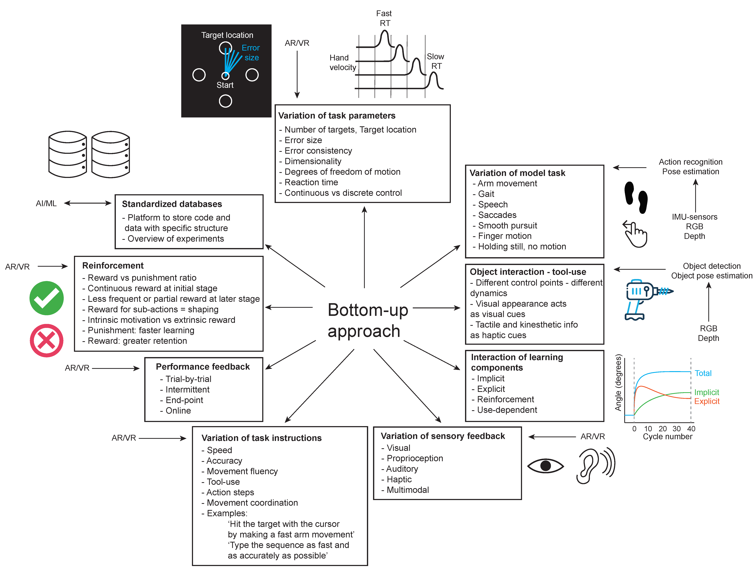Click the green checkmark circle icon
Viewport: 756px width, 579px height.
coord(47,298)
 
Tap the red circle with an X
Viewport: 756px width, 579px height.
coord(47,340)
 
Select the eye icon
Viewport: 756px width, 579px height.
coord(545,466)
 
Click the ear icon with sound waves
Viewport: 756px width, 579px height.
coord(595,465)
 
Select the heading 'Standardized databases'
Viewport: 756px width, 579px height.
coord(172,204)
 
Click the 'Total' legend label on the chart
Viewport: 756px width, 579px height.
coord(703,373)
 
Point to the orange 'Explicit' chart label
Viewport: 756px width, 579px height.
coord(707,401)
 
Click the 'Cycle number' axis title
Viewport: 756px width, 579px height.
coord(667,437)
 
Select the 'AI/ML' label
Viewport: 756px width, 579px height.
coord(46,203)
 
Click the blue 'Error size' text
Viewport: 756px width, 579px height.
coord(251,53)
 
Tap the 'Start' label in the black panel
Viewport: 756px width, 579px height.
coord(225,85)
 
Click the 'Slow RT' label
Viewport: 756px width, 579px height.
coord(436,61)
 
